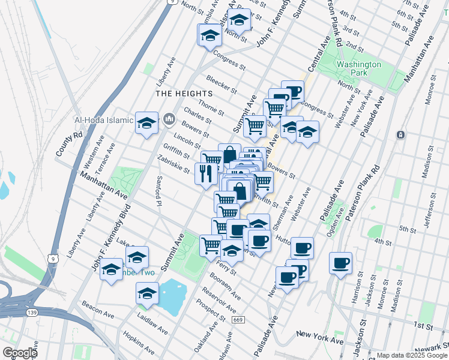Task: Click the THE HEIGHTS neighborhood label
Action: (184, 94)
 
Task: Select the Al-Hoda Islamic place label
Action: (103, 120)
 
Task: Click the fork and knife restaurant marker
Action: (206, 173)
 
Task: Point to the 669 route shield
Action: (239, 319)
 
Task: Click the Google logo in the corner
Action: (19, 353)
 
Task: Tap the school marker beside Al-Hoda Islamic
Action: (147, 123)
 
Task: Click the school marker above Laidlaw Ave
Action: (147, 294)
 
